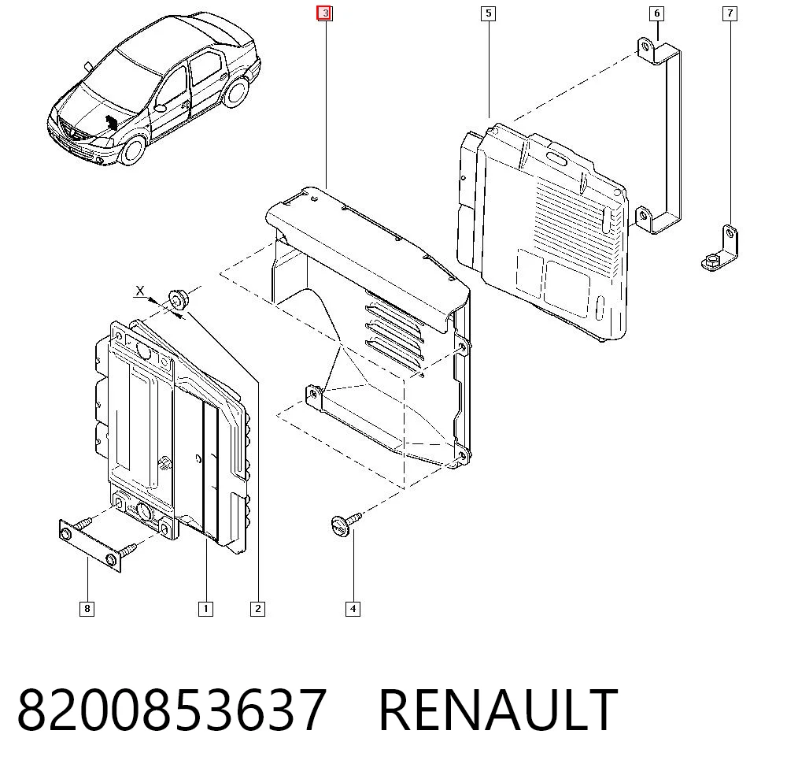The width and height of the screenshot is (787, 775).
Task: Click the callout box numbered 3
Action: click(x=324, y=13)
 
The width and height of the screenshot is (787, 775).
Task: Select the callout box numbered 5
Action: click(x=489, y=13)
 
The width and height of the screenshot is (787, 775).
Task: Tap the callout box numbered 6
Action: click(x=656, y=13)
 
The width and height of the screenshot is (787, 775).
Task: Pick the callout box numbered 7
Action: click(x=730, y=13)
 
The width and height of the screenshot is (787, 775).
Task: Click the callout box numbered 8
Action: click(x=87, y=609)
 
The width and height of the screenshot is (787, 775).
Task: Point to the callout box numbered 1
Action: click(x=205, y=609)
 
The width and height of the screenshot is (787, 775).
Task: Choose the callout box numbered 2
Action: click(x=257, y=609)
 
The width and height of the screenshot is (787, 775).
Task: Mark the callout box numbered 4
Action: click(x=353, y=609)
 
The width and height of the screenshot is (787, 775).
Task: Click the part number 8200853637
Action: click(x=172, y=710)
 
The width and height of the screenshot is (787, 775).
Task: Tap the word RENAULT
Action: click(x=498, y=710)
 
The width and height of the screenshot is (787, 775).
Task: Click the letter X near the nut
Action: click(x=140, y=291)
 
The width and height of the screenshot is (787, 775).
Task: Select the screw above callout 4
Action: click(x=345, y=522)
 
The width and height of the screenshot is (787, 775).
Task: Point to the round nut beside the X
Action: click(x=177, y=299)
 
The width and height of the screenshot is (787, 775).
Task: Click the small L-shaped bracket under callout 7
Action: click(x=720, y=249)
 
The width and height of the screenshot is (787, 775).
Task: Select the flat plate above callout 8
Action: click(x=91, y=546)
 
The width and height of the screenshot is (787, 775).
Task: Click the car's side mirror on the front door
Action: click(x=160, y=108)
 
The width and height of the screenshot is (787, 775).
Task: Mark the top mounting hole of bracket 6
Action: click(x=644, y=48)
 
